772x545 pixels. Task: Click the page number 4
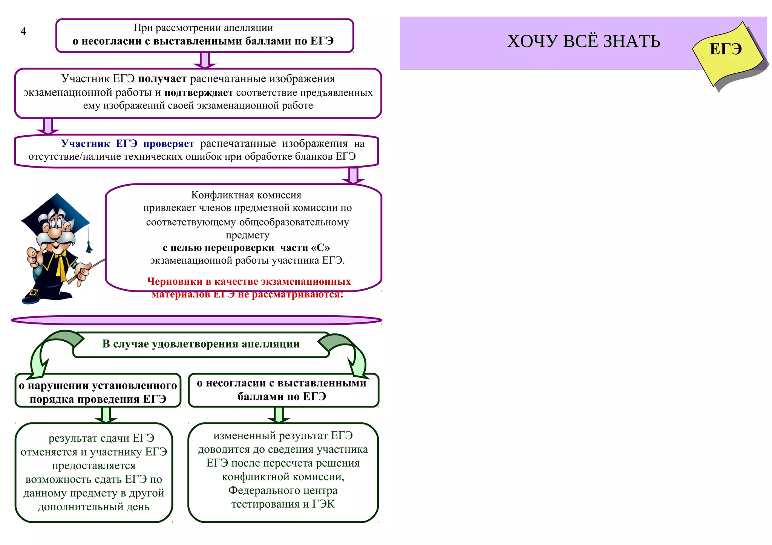pyautogui.click(x=23, y=31)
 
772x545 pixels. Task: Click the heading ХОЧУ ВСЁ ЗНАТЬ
pyautogui.click(x=583, y=41)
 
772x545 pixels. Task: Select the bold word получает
pyautogui.click(x=162, y=79)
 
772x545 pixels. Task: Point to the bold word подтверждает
pyautogui.click(x=199, y=93)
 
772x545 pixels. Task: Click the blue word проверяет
pyautogui.click(x=168, y=144)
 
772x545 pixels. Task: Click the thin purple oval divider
pyautogui.click(x=196, y=320)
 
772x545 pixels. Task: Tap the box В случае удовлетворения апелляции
pyautogui.click(x=201, y=344)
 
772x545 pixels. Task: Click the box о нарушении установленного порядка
pyautogui.click(x=98, y=392)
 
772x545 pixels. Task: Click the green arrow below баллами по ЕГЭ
pyautogui.click(x=278, y=415)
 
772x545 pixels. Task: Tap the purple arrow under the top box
pyautogui.click(x=205, y=60)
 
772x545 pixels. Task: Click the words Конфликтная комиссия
pyautogui.click(x=246, y=195)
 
